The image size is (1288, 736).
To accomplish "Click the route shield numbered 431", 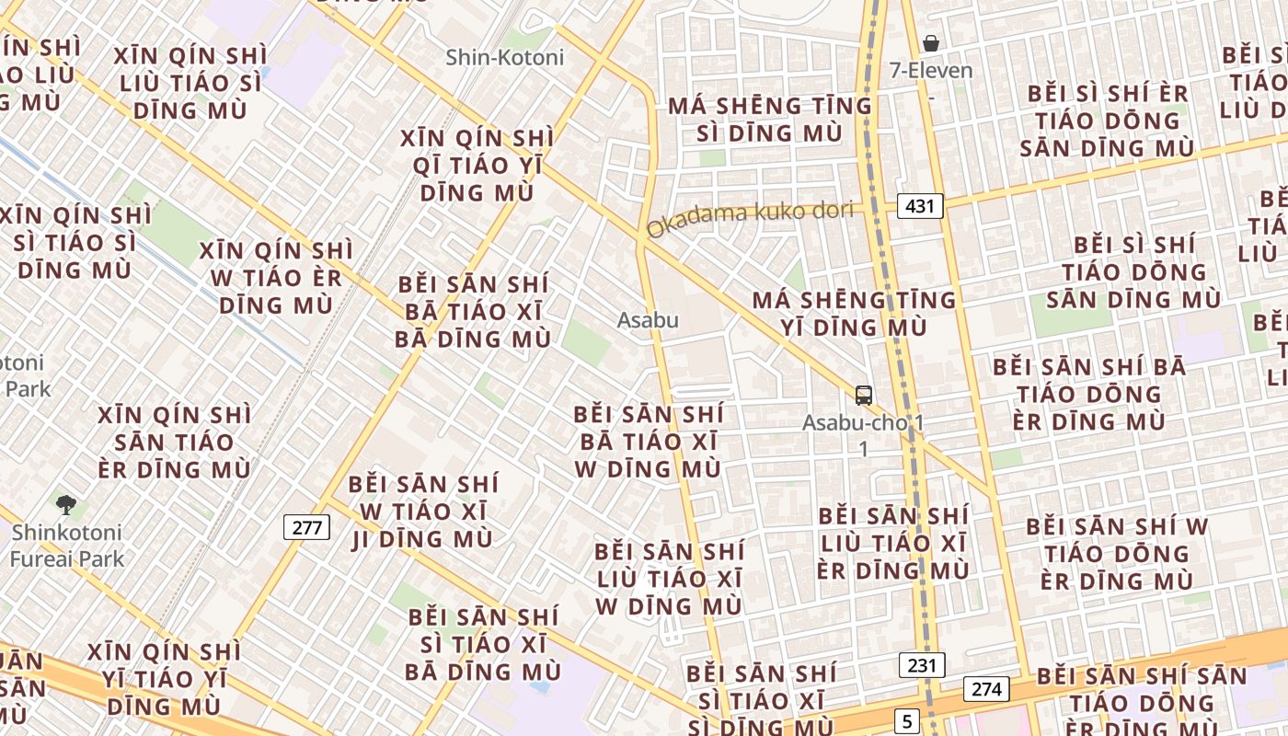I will click(x=921, y=205).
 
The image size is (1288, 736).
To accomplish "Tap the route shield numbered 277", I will click(x=306, y=527).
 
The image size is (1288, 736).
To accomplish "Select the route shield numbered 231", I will click(x=922, y=664).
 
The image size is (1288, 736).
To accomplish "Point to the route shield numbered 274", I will click(x=986, y=688).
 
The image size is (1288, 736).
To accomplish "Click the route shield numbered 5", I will click(x=908, y=720).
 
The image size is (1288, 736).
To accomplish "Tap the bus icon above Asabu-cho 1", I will click(x=864, y=395).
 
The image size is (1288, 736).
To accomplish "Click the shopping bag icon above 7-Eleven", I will click(x=931, y=42).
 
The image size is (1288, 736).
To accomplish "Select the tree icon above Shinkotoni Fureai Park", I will click(x=65, y=503).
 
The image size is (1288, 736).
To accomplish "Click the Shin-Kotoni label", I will click(x=504, y=57).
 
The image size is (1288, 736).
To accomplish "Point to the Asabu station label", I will click(x=648, y=320).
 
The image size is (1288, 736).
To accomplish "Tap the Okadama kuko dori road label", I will click(x=749, y=218).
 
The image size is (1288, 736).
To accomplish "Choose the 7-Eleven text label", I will click(x=931, y=70).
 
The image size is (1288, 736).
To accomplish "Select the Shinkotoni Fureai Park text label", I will click(x=67, y=546).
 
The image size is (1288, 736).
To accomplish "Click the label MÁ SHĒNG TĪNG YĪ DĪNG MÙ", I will click(x=855, y=314).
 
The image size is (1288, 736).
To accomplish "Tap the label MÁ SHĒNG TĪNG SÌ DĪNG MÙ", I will click(x=770, y=120).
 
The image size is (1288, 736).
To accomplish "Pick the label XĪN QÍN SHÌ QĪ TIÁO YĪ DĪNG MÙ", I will click(x=477, y=166).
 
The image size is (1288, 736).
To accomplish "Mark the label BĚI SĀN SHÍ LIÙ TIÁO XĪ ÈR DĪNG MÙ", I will click(x=892, y=543).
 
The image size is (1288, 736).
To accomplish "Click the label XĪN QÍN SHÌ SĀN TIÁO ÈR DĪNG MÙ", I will click(x=174, y=442).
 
